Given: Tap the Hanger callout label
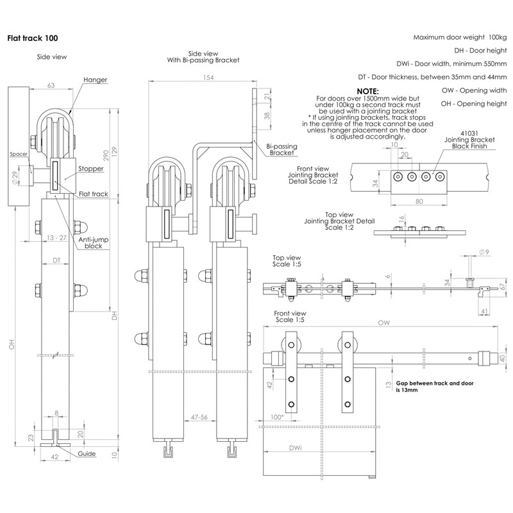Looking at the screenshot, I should pos(95,80).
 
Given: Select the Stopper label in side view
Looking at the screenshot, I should pos(91,169).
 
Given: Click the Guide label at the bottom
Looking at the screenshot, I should pos(88,454).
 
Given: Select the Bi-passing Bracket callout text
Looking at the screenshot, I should pos(282,149).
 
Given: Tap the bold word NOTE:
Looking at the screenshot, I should pos(367,92).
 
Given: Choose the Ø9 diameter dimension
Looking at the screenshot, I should pos(485,253).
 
